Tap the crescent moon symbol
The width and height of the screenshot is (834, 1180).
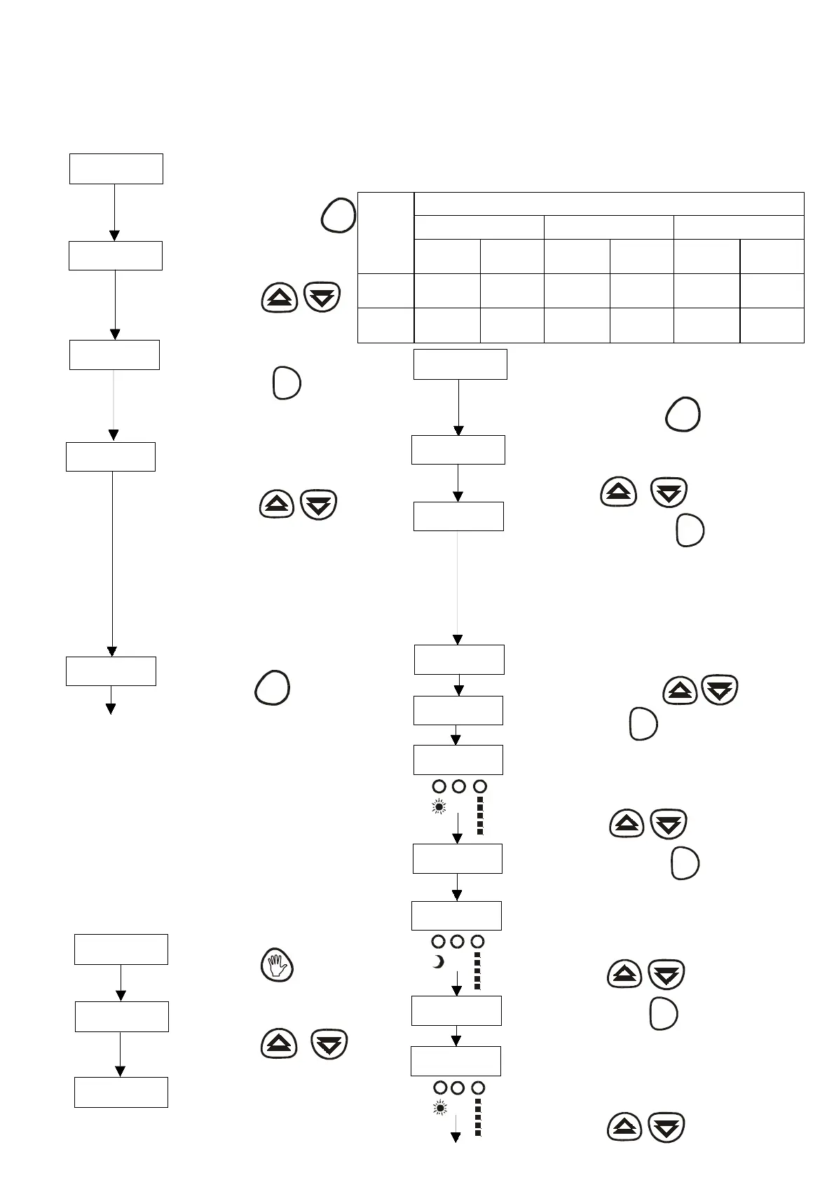click(438, 962)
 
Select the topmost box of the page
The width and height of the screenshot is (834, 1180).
click(116, 169)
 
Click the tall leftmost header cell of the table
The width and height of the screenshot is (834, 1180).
click(385, 232)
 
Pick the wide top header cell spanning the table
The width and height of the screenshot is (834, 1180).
click(608, 203)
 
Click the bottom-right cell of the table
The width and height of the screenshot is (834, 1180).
click(772, 325)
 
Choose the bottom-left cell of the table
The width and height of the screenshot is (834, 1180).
click(385, 325)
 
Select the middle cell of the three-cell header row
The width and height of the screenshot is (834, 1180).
click(608, 227)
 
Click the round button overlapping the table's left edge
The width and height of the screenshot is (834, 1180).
click(338, 215)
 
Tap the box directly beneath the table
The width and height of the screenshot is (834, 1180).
click(460, 364)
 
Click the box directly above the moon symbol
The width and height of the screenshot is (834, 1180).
click(456, 915)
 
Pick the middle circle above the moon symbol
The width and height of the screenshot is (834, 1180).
click(457, 941)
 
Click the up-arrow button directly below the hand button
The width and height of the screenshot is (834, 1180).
click(279, 1044)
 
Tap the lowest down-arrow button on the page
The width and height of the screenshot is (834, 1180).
click(666, 1128)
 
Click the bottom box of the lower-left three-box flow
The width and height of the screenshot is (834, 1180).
click(121, 1092)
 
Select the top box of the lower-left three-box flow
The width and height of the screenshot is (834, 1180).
click(121, 949)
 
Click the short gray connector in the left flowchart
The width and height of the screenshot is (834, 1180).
click(114, 400)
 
